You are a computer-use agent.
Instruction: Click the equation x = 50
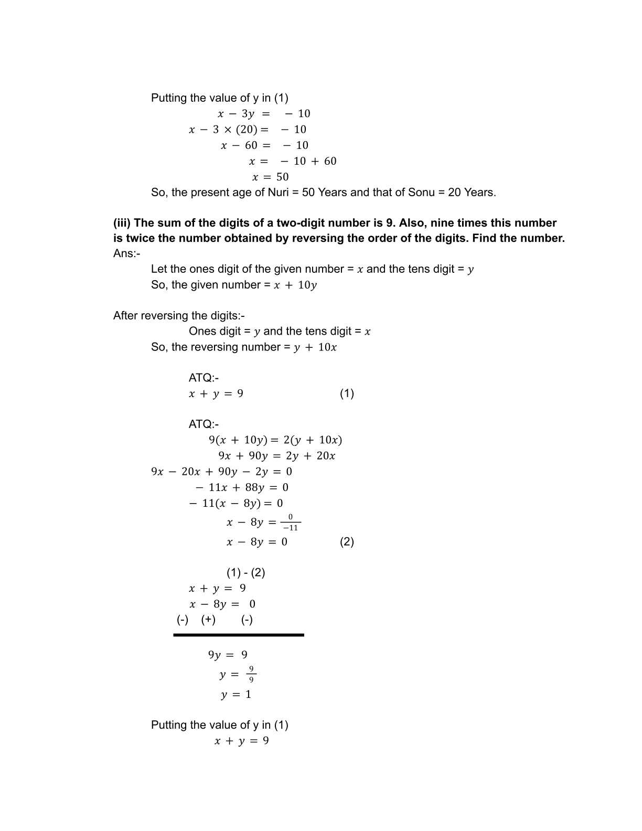pos(270,177)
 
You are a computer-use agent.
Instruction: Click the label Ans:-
pos(126,253)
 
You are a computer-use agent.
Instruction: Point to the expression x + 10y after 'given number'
pos(295,285)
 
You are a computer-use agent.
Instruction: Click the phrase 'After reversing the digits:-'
pos(179,316)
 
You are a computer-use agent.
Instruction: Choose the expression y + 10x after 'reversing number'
pos(315,347)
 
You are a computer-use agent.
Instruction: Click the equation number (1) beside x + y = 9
pos(347,393)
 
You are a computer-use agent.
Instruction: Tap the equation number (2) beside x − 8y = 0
pos(347,542)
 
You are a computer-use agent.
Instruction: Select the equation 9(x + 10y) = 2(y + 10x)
pos(275,440)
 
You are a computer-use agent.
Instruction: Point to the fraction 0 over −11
pos(291,523)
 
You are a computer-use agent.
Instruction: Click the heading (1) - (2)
pos(245,572)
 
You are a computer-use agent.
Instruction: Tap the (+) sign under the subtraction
pos(208,620)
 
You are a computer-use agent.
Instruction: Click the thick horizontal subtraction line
pos(239,635)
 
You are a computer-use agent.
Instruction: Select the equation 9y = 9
pos(228,655)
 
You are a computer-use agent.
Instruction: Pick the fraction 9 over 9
pos(251,674)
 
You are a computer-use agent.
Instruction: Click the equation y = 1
pos(236,695)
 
